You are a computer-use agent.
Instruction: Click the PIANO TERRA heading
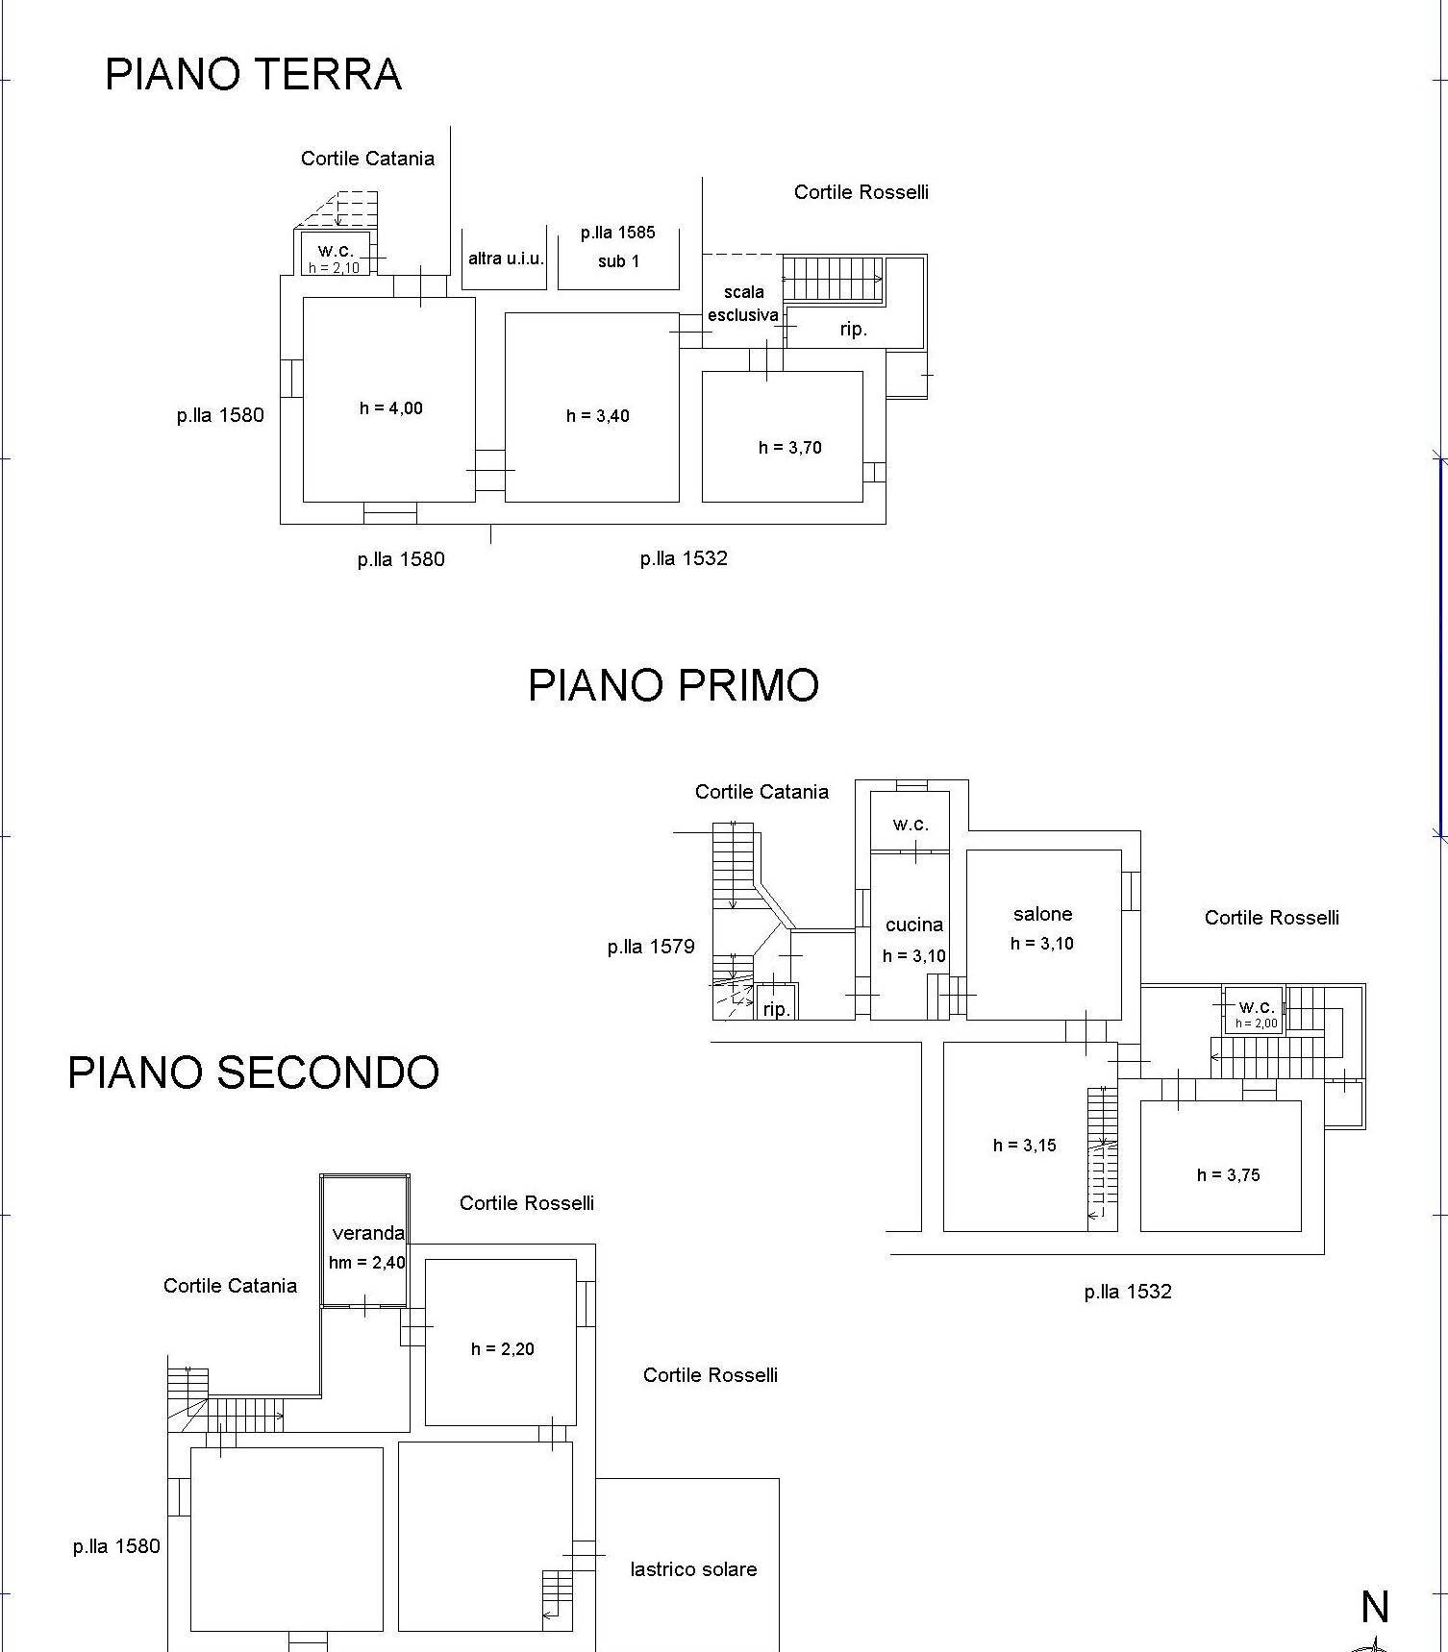pyautogui.click(x=253, y=74)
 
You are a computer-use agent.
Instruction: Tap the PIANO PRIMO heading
pyautogui.click(x=673, y=685)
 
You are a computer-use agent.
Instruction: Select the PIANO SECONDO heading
pyautogui.click(x=253, y=1073)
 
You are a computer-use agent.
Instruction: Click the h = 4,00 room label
pyautogui.click(x=390, y=408)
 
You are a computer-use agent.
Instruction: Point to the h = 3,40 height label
pyautogui.click(x=597, y=416)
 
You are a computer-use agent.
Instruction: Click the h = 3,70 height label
pyautogui.click(x=789, y=447)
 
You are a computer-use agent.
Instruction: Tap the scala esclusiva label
pyautogui.click(x=743, y=304)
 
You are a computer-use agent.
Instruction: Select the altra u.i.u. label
pyautogui.click(x=506, y=259)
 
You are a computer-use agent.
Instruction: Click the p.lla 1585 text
pyautogui.click(x=617, y=233)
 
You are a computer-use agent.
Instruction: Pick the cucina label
pyautogui.click(x=913, y=925)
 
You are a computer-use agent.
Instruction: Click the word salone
pyautogui.click(x=1042, y=914)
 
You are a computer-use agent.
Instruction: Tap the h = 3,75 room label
pyautogui.click(x=1228, y=1174)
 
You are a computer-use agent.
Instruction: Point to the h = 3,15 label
pyautogui.click(x=1024, y=1145)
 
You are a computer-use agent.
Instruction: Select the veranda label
pyautogui.click(x=367, y=1233)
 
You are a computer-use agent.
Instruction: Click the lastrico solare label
pyautogui.click(x=693, y=1569)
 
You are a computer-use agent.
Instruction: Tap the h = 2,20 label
pyautogui.click(x=502, y=1349)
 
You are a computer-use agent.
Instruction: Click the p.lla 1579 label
pyautogui.click(x=650, y=947)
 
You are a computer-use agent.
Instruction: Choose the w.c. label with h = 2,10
pyautogui.click(x=336, y=251)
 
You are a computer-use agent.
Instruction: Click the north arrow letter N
pyautogui.click(x=1375, y=1607)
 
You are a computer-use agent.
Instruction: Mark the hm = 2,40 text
pyautogui.click(x=366, y=1263)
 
